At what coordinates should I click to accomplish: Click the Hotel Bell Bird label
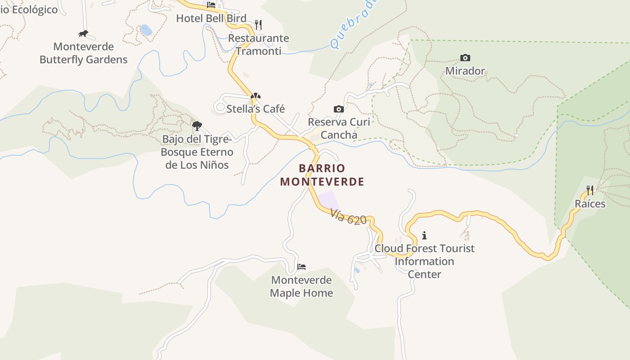tap(211, 18)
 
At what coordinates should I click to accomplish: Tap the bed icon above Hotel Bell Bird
tap(211, 5)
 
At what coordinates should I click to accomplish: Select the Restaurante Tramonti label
tap(258, 45)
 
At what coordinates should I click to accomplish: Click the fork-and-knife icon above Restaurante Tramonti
tap(258, 24)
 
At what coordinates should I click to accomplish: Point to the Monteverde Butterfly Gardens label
tap(83, 53)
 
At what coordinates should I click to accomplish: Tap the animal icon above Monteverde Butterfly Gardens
tap(83, 33)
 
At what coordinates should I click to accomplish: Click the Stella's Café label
tap(256, 109)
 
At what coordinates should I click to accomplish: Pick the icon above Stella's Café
tap(256, 96)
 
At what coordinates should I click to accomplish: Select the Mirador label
tap(465, 71)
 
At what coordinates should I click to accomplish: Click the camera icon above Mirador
tap(465, 58)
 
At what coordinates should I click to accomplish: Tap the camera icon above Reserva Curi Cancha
tap(339, 109)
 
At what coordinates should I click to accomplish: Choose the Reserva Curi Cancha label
tap(339, 128)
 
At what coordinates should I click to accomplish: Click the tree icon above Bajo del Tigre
tap(197, 126)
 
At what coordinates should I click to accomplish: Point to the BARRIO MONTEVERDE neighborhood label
tap(322, 175)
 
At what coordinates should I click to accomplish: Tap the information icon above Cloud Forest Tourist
tap(424, 235)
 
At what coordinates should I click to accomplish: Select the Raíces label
tap(590, 204)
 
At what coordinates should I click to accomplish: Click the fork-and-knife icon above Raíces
tap(590, 190)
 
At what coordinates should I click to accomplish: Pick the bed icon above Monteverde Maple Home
tap(301, 267)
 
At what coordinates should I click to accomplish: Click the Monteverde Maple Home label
tap(301, 287)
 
